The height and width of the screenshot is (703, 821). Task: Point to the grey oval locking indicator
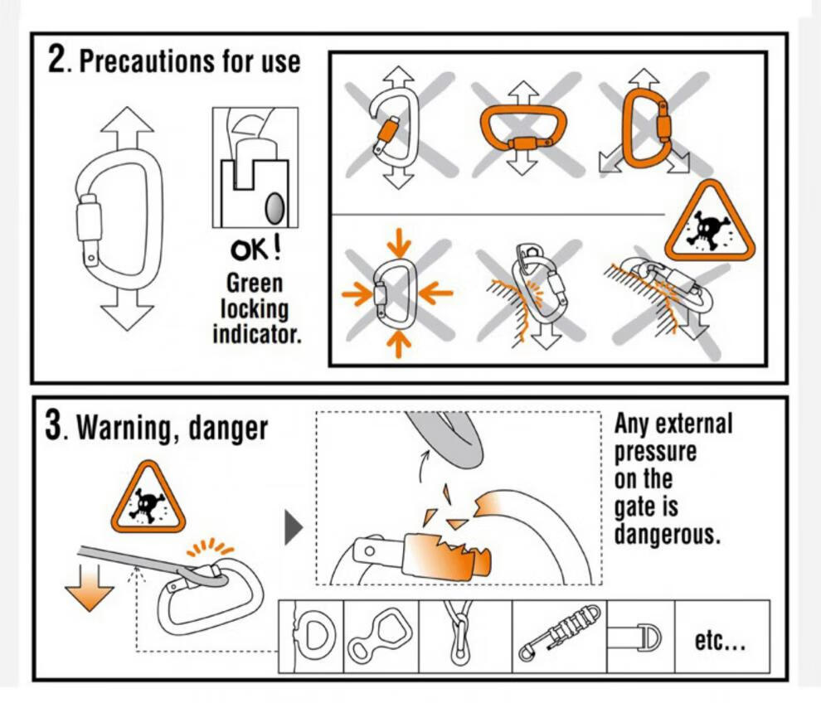pyautogui.click(x=274, y=208)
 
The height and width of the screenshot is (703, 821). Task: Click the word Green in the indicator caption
pyautogui.click(x=255, y=284)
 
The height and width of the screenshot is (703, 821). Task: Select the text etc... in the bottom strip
pyautogui.click(x=721, y=640)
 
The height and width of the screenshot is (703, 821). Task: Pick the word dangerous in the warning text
pyautogui.click(x=667, y=535)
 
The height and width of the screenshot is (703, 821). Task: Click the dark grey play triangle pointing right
pyautogui.click(x=294, y=528)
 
